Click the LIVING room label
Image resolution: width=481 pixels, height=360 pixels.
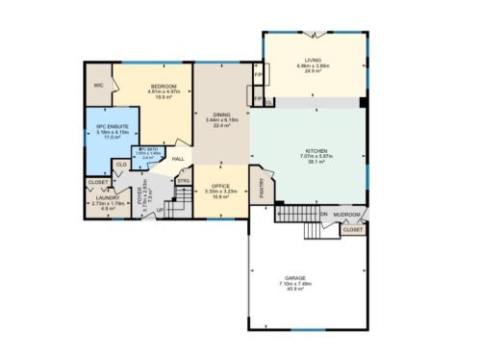point(313,60)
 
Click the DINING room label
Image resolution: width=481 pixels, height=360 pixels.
point(221,114)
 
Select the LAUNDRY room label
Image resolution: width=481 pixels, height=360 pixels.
point(107,198)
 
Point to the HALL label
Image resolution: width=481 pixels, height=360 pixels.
point(178,159)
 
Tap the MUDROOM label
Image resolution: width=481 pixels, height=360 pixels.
point(347,214)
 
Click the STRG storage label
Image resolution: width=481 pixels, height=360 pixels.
point(184,180)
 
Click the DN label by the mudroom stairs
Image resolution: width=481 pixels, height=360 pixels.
point(324,214)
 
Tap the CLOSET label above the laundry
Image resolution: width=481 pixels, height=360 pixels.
point(98,182)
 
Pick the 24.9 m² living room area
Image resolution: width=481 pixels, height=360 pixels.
point(313,71)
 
